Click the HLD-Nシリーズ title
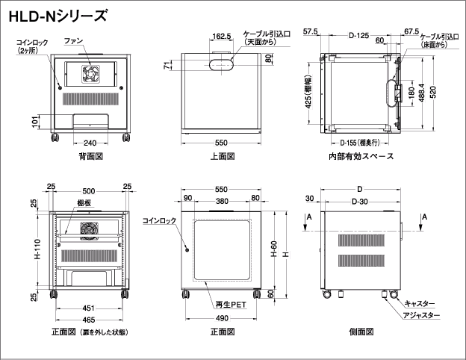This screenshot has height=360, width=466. coord(57,14)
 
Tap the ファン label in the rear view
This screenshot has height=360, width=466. coord(72,39)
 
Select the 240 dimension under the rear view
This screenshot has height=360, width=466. coord(90,143)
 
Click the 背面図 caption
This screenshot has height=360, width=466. coord(90,157)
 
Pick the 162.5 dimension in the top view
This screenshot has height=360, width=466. coord(221,35)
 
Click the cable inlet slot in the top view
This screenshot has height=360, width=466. coord(222,64)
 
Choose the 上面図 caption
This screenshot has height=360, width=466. coord(223,157)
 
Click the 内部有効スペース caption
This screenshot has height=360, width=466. coord(360,157)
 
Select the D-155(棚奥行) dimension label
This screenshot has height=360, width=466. coord(361,142)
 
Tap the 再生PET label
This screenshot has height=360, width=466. coord(230,305)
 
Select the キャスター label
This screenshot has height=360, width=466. coord(420,304)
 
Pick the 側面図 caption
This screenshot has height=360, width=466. coord(361,331)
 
